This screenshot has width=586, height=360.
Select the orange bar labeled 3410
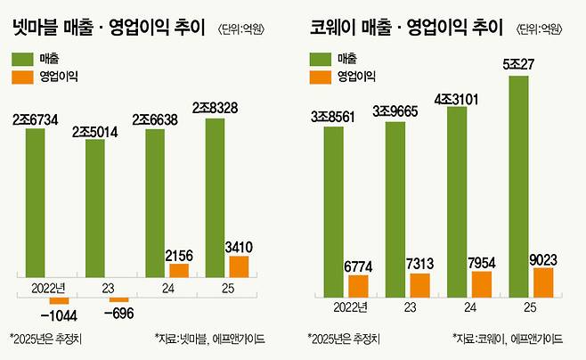238,266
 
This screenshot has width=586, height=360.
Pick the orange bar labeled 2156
178,270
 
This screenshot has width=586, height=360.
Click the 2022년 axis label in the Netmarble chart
47,287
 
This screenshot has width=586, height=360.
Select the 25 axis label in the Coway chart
528,307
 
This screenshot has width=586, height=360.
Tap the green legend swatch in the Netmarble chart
25,59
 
